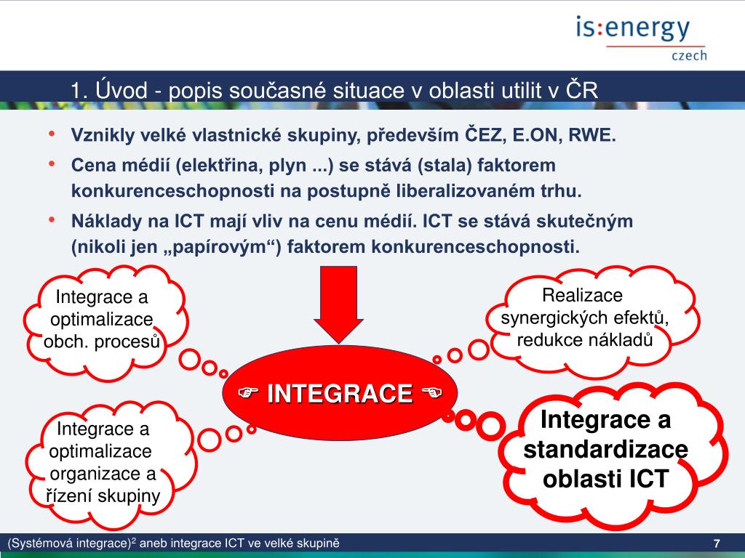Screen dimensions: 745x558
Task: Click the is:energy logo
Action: (x=632, y=29)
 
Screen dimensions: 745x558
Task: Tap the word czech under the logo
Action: (x=688, y=56)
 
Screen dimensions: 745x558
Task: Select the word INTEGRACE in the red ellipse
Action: (x=339, y=394)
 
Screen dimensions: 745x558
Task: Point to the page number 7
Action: (x=717, y=544)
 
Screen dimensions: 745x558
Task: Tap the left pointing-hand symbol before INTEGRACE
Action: (x=250, y=394)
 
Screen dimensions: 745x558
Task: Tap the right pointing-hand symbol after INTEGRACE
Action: (x=432, y=394)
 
